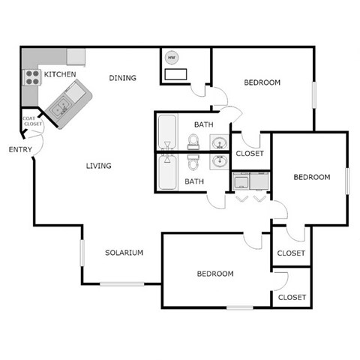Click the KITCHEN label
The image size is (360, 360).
click(x=60, y=74)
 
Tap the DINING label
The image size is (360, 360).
click(x=122, y=77)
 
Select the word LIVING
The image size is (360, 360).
click(x=98, y=166)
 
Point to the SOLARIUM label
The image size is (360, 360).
click(x=124, y=253)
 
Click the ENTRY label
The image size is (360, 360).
click(x=20, y=149)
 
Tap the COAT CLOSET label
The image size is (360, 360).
click(x=30, y=121)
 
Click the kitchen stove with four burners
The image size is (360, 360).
click(x=32, y=78)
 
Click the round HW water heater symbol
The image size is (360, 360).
click(x=172, y=58)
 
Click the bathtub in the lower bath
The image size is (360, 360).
click(x=166, y=172)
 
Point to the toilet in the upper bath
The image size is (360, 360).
click(x=193, y=141)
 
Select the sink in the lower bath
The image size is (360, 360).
click(x=220, y=161)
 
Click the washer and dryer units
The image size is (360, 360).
click(x=250, y=182)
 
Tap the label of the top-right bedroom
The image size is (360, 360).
click(x=262, y=82)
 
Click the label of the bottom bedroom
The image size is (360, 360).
click(x=215, y=274)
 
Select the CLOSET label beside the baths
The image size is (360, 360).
click(x=250, y=154)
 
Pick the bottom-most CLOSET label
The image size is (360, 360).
click(x=292, y=298)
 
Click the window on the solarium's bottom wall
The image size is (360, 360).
click(x=122, y=283)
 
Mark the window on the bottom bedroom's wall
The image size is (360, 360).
click(x=239, y=307)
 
